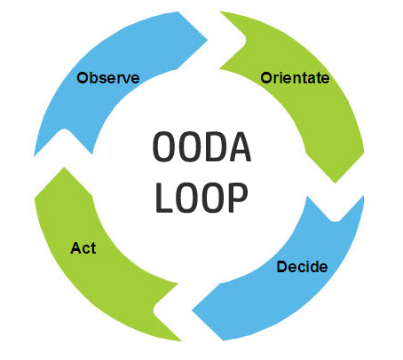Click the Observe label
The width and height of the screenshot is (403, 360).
(107, 77)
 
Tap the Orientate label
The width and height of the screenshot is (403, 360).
(295, 77)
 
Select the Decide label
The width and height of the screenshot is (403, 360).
(302, 266)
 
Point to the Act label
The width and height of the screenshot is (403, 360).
(83, 247)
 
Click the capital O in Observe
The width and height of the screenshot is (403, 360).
(83, 77)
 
